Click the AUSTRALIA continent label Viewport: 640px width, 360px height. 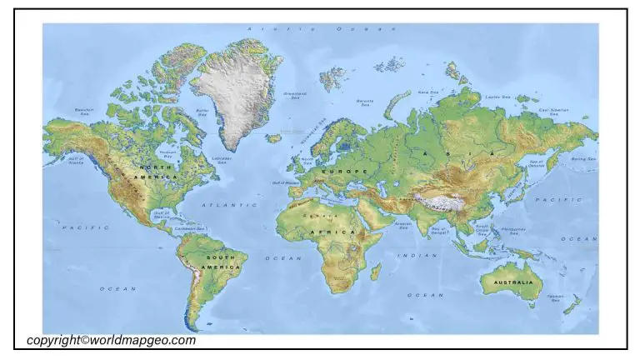pos(512,282)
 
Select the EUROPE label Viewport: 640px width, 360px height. pos(351,171)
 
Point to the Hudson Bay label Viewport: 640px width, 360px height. pos(168,154)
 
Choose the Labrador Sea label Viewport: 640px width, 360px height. pos(222,158)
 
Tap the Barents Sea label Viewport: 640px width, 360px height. pos(365,102)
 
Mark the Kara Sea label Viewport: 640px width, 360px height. pos(428,92)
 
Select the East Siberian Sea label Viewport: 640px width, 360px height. pos(553,111)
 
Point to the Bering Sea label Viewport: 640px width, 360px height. pos(582,158)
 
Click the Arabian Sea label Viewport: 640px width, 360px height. pos(402,224)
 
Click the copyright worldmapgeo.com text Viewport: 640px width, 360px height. pos(111,340)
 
